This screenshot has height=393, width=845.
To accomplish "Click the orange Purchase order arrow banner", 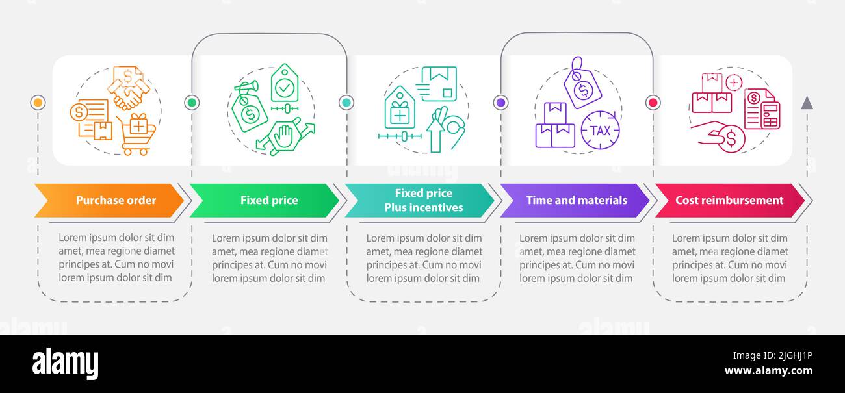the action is pyautogui.click(x=109, y=200).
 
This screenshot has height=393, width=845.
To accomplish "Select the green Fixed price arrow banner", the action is pyautogui.click(x=265, y=200).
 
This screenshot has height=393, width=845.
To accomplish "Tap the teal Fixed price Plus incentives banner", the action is pyautogui.click(x=419, y=200).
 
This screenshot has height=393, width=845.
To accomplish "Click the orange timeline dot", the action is pyautogui.click(x=38, y=103).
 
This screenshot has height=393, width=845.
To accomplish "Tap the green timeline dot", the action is pyautogui.click(x=192, y=103).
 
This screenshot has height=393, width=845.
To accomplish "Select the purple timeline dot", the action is pyautogui.click(x=501, y=103).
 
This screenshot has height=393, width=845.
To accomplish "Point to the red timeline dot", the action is pyautogui.click(x=653, y=103).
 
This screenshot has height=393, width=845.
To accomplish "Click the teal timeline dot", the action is pyautogui.click(x=346, y=103).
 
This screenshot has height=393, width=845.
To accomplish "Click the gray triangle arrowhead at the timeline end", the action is pyautogui.click(x=807, y=103).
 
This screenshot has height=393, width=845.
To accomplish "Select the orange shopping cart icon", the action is pyautogui.click(x=136, y=134).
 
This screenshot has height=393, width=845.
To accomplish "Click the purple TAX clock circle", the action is pyautogui.click(x=600, y=130).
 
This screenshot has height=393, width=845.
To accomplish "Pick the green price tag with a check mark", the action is pyautogui.click(x=285, y=83).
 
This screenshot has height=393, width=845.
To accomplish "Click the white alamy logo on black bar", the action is pyautogui.click(x=65, y=363).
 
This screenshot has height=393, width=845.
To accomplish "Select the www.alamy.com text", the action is pyautogui.click(x=768, y=371).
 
